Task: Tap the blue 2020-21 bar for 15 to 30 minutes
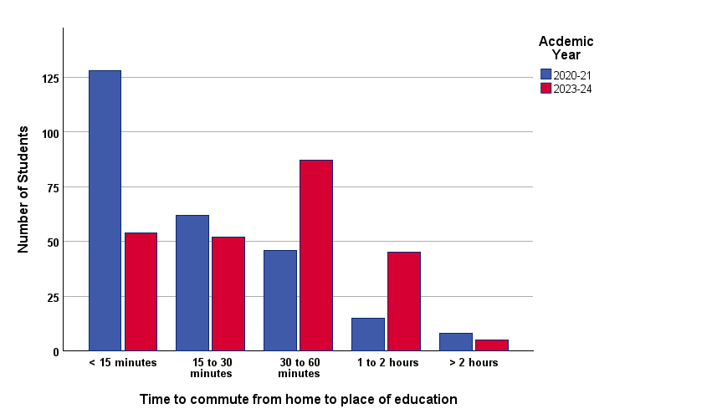[192, 283]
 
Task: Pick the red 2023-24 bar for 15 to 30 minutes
[228, 294]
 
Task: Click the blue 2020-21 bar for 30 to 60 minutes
[280, 300]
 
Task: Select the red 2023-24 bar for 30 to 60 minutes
[316, 255]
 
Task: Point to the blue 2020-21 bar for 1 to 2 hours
[368, 335]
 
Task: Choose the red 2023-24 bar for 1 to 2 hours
[404, 301]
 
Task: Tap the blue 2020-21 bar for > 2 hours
[456, 342]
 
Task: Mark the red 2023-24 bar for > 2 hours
[492, 345]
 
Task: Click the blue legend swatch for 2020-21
[546, 74]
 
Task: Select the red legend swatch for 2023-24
[546, 89]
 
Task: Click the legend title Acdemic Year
[566, 48]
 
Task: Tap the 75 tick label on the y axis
[53, 187]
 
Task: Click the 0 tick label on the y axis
[56, 352]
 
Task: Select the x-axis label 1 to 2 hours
[387, 363]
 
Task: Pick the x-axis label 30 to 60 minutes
[299, 368]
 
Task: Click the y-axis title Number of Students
[24, 189]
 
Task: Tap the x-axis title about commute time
[298, 399]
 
